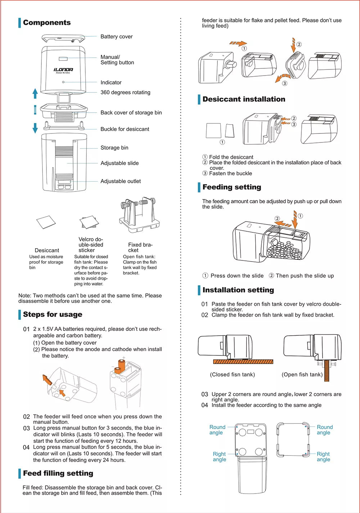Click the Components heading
[x=47, y=23]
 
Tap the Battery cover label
[x=116, y=37]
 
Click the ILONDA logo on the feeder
[x=63, y=70]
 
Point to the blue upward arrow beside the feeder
[x=35, y=93]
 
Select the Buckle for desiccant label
[x=125, y=129]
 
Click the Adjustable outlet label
[x=121, y=181]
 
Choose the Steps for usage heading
[x=53, y=314]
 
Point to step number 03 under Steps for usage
[x=26, y=428]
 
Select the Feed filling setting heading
[x=58, y=473]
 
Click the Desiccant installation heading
[x=244, y=99]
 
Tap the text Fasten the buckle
[x=230, y=173]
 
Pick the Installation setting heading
[x=238, y=290]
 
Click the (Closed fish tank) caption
[x=232, y=374]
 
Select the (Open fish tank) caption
[x=302, y=374]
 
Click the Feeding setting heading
[x=231, y=187]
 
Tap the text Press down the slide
[x=237, y=276]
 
